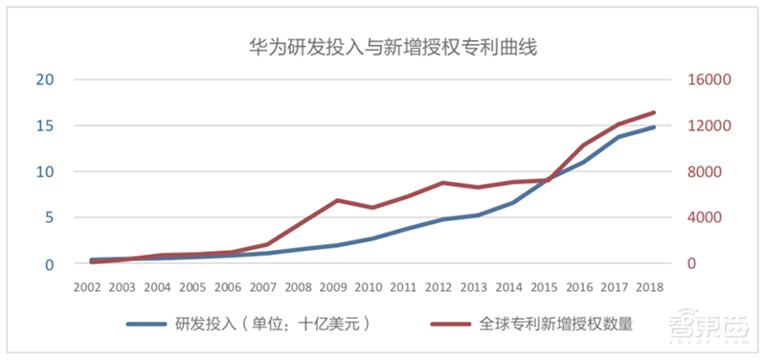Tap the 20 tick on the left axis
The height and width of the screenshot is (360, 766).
[x=44, y=79]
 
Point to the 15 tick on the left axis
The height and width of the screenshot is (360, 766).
[x=44, y=125]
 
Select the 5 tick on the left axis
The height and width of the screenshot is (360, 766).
[x=49, y=217]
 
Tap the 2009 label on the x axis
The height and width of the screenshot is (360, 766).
[x=335, y=286]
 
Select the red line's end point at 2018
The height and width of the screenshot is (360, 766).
[x=654, y=112]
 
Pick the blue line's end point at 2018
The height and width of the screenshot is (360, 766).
[x=654, y=127]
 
